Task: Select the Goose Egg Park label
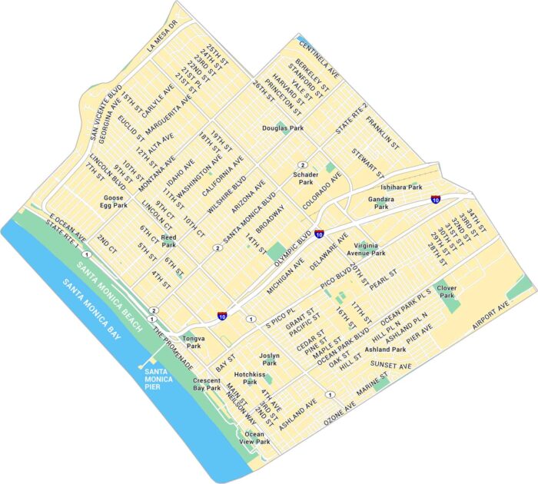115,202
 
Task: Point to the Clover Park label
447,291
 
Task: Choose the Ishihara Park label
402,187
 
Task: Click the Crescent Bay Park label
207,384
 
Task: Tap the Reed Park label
168,241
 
